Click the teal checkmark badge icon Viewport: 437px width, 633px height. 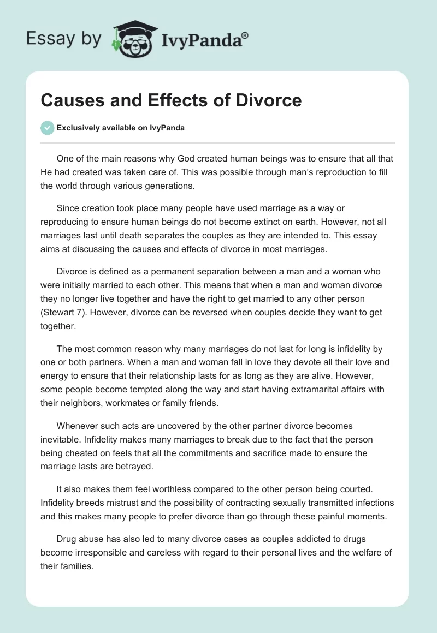click(47, 128)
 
